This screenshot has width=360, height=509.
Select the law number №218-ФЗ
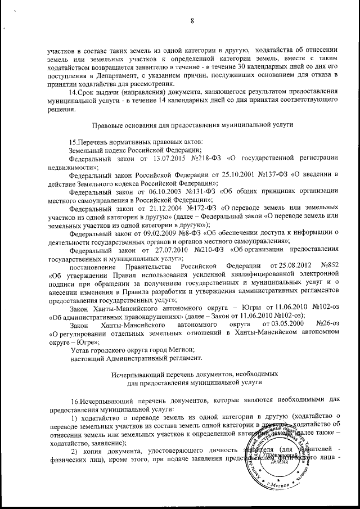[209, 159]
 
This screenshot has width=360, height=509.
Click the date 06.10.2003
[172, 192]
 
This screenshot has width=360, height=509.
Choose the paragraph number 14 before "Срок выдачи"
[71, 92]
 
